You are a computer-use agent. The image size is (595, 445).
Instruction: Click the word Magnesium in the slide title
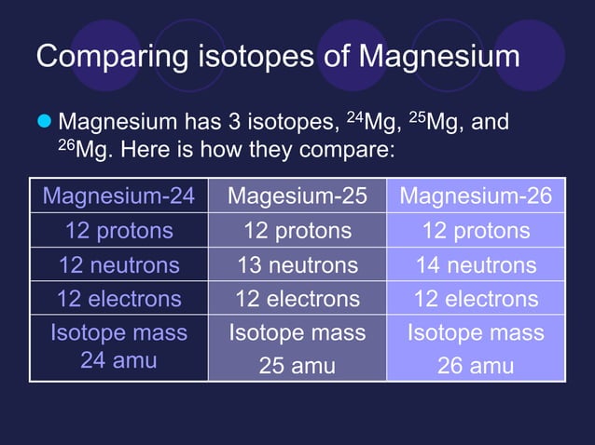tap(439, 56)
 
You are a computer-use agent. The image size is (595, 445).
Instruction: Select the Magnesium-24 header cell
tap(119, 196)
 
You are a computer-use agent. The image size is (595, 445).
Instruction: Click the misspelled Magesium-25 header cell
tap(297, 196)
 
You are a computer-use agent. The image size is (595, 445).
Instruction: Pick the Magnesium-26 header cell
tap(476, 196)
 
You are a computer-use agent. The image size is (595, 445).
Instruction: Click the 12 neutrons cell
tap(119, 265)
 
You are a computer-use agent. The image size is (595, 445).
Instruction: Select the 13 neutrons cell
tap(297, 265)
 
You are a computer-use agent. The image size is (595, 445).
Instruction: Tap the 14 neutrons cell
tap(476, 265)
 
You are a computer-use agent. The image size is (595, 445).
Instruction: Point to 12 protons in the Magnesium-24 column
tap(119, 231)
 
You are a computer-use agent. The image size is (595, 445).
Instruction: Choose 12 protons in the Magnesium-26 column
tap(476, 231)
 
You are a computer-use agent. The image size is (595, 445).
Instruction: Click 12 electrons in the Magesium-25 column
tap(297, 299)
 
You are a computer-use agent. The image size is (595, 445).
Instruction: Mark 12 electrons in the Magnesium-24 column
tap(119, 299)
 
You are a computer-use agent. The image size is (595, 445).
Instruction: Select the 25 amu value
tap(297, 366)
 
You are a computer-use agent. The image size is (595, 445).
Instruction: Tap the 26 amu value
tap(476, 366)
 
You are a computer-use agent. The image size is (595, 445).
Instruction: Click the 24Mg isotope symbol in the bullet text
tap(370, 121)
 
